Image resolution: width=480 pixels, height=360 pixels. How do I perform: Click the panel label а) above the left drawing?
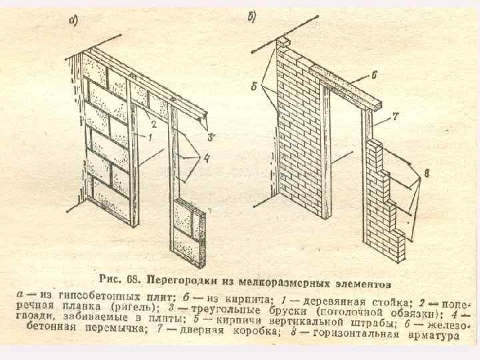74,21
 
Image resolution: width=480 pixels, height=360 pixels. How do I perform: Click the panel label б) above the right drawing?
253,17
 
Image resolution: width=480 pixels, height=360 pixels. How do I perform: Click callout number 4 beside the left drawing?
207,158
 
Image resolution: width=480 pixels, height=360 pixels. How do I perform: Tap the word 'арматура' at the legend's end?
434,335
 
